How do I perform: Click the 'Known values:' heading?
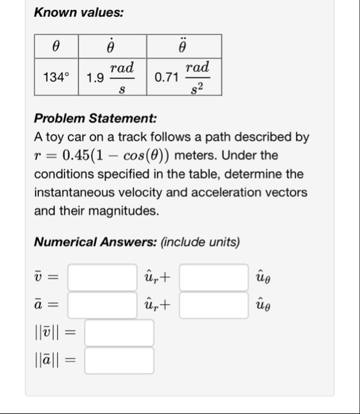(x=78, y=12)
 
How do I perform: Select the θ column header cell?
(x=56, y=45)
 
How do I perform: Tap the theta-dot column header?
(x=111, y=45)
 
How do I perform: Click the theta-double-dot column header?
(x=183, y=45)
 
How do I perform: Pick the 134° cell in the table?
(x=56, y=78)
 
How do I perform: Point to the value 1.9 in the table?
(x=95, y=78)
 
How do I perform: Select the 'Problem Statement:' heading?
(x=95, y=119)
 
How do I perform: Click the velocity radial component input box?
(x=102, y=277)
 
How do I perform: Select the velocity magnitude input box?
(x=119, y=333)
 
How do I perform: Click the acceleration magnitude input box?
(x=119, y=361)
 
